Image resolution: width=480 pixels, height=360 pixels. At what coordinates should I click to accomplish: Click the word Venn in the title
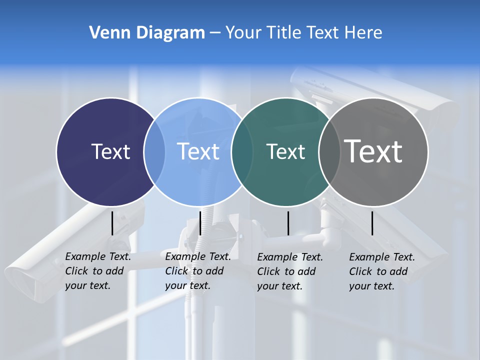point(106,33)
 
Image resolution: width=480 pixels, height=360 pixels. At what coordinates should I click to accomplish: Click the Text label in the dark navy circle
point(110,151)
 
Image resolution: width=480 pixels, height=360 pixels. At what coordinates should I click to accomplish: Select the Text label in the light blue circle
point(198,151)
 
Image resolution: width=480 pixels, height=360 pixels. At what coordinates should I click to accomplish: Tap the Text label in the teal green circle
point(285,151)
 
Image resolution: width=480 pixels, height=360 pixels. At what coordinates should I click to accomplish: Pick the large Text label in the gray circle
point(373,151)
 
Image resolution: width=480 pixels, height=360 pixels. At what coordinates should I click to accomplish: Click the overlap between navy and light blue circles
point(154,151)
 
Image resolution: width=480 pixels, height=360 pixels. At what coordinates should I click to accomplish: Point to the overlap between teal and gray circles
point(327,151)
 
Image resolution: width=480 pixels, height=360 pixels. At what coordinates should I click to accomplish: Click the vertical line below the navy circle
point(112,223)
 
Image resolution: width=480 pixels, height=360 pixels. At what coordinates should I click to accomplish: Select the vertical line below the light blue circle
point(200,223)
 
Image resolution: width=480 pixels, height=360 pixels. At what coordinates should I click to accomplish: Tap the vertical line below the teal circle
point(288,223)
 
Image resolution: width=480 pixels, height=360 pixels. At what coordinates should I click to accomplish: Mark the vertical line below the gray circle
point(372,223)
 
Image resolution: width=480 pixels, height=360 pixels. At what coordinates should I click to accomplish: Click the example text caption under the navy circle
point(98,271)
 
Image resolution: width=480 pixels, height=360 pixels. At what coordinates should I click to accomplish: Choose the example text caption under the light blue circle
point(198,271)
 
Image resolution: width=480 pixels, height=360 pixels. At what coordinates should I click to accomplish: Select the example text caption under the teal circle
point(290,271)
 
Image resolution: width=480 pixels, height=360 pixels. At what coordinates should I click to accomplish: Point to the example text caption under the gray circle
point(382,271)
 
